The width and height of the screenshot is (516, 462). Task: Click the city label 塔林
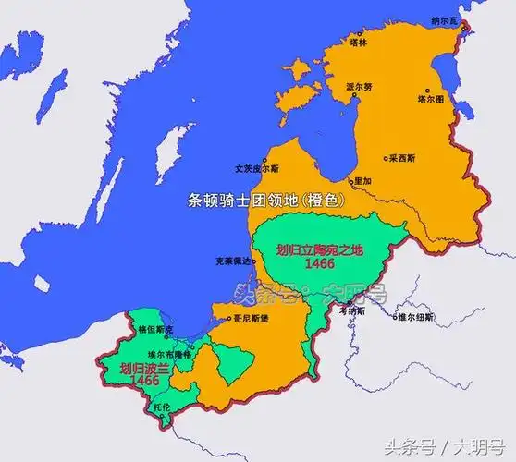pos(359,42)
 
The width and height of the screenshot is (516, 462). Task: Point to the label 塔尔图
pos(432,97)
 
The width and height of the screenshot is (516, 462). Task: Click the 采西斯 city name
pos(403,158)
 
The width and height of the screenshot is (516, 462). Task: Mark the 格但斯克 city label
pos(153,329)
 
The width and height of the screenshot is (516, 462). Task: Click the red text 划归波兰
pos(119,367)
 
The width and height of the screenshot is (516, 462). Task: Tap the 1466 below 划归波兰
pos(119,380)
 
